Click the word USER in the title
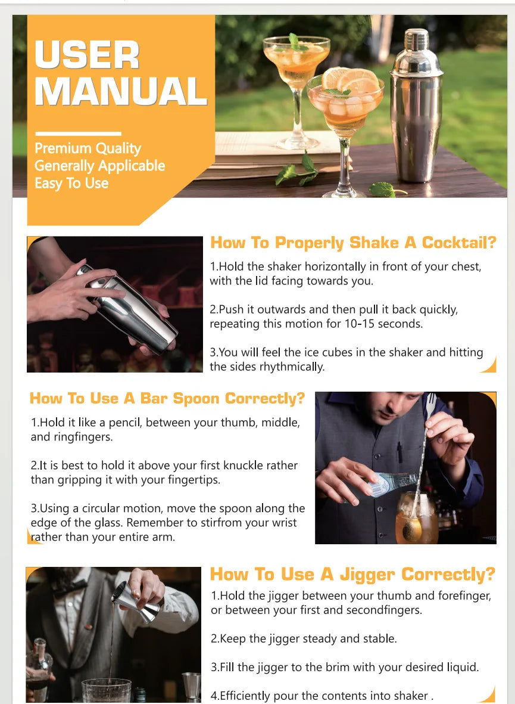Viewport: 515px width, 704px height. [x=87, y=55]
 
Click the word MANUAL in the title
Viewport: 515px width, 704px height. [x=121, y=91]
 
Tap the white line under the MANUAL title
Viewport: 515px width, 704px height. [x=78, y=134]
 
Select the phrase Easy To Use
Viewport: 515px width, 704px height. [x=71, y=183]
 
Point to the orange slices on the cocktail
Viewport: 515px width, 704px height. [x=350, y=80]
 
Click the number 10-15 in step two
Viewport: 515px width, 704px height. [x=360, y=324]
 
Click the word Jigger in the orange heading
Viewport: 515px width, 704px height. [x=369, y=575]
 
